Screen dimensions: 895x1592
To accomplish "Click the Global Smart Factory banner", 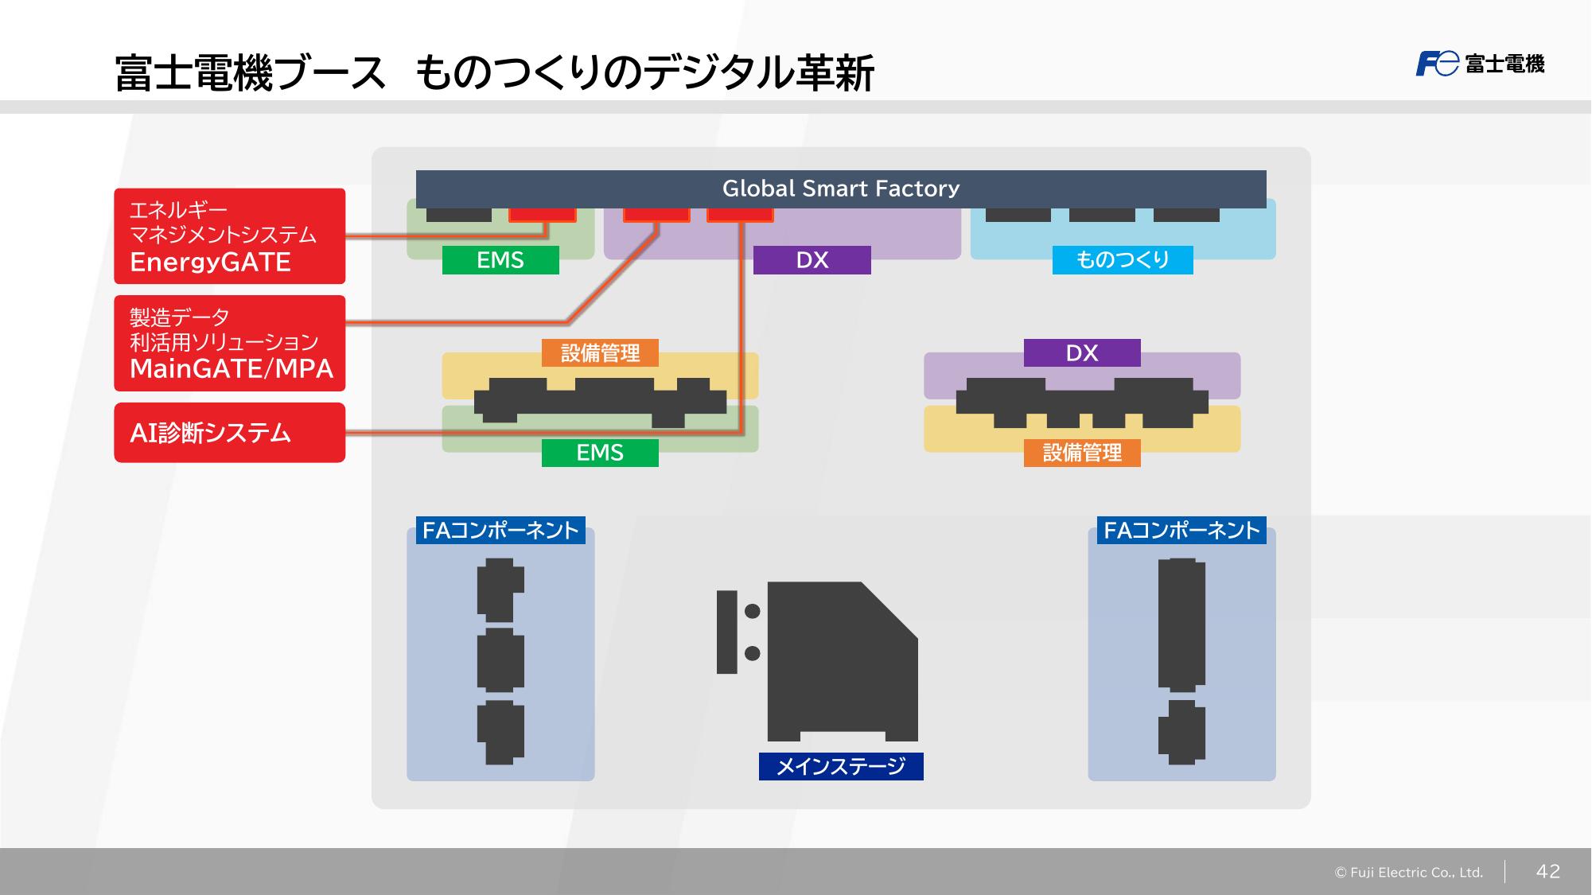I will (x=841, y=189).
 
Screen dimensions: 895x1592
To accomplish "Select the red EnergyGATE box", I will (x=229, y=236).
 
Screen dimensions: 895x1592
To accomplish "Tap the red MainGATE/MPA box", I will (x=229, y=343).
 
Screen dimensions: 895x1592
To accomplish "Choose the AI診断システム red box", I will (x=229, y=433).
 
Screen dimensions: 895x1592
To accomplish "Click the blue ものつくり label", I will (x=1123, y=260).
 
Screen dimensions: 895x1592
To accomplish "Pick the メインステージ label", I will (x=841, y=766).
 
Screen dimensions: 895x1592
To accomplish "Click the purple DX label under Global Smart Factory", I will (x=812, y=260).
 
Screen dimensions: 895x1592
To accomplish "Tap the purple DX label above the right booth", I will (x=1082, y=353).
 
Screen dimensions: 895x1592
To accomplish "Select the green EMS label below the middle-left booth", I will (x=600, y=453).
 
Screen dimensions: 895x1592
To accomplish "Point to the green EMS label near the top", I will (x=500, y=260).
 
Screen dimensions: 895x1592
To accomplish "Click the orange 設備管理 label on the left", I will (x=600, y=353).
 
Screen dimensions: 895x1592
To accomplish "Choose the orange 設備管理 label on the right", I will (x=1082, y=453).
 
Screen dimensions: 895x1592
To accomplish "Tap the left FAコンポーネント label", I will (x=500, y=531).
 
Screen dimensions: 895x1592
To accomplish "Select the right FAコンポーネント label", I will (x=1181, y=531).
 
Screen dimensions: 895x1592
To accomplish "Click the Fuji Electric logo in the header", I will (x=1480, y=64).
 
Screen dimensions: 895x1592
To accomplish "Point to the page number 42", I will (x=1547, y=871).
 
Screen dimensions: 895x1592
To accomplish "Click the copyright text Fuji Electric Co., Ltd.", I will (x=1409, y=873).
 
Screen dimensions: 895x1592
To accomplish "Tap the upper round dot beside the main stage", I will (x=752, y=611).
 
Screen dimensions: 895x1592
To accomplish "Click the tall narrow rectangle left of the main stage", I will (x=727, y=632).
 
